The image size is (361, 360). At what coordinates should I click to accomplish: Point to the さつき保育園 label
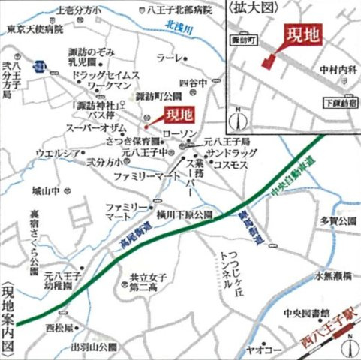click(x=129, y=139)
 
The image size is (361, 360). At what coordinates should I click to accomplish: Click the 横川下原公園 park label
click(x=184, y=214)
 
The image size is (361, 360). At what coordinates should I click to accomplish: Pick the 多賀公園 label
click(x=334, y=222)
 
